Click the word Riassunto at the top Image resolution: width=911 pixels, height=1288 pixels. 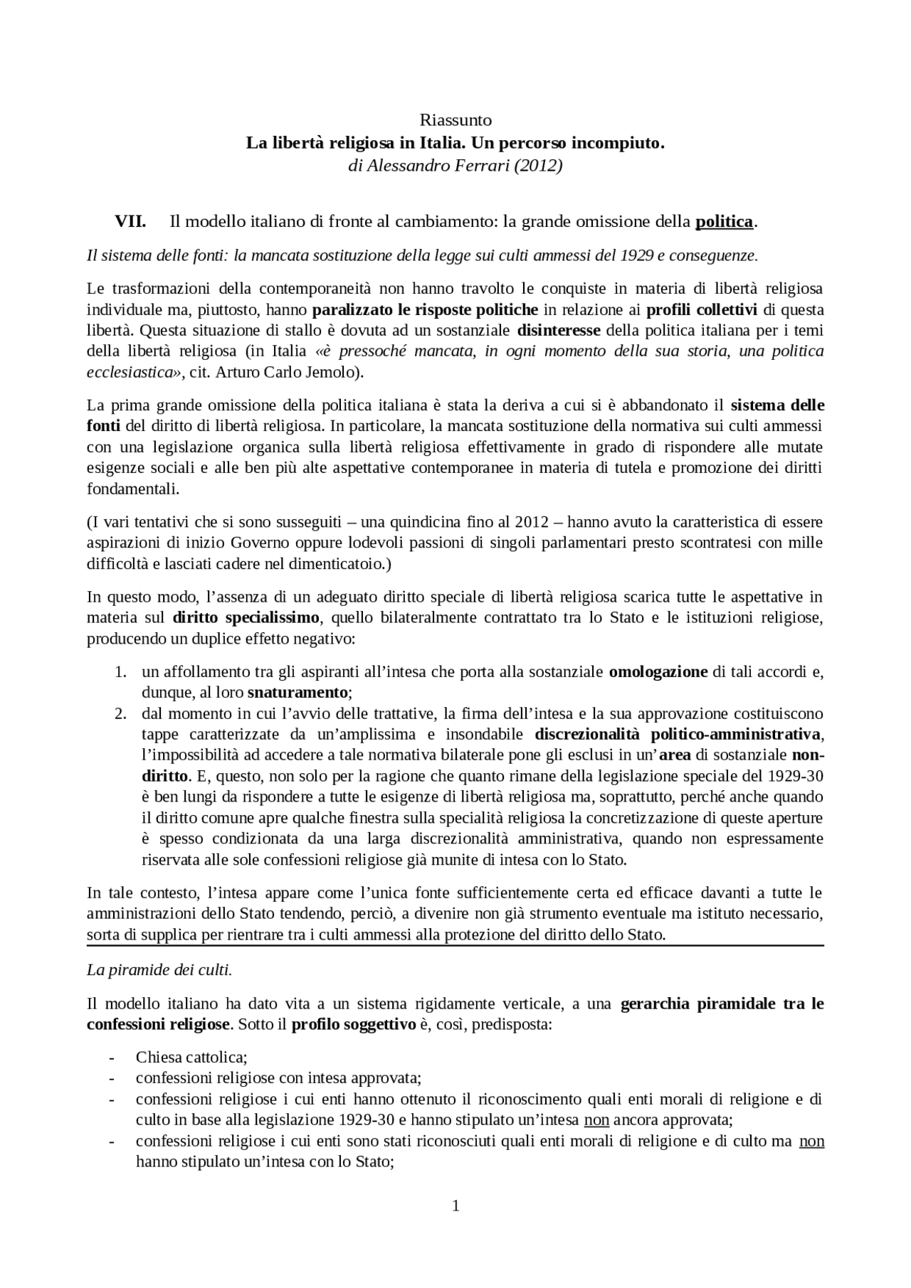(x=455, y=119)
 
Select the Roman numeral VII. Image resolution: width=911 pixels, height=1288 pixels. (x=130, y=222)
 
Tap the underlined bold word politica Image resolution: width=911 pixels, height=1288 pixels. (x=724, y=222)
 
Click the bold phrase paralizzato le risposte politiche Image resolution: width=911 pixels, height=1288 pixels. (x=425, y=309)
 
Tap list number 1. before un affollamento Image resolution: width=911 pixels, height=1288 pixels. (x=121, y=671)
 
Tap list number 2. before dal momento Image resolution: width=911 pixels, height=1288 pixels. (x=121, y=713)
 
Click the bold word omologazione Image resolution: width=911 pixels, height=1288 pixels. (x=658, y=671)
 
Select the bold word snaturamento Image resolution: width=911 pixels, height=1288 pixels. (x=297, y=692)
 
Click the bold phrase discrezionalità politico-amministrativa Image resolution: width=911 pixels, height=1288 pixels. (x=678, y=734)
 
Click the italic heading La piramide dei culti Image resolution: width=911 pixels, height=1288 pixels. (x=159, y=970)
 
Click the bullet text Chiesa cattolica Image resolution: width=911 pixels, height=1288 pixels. (x=191, y=1058)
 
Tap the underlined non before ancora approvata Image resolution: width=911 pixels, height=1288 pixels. (x=596, y=1119)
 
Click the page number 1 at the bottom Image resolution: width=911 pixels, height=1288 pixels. (x=455, y=1205)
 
